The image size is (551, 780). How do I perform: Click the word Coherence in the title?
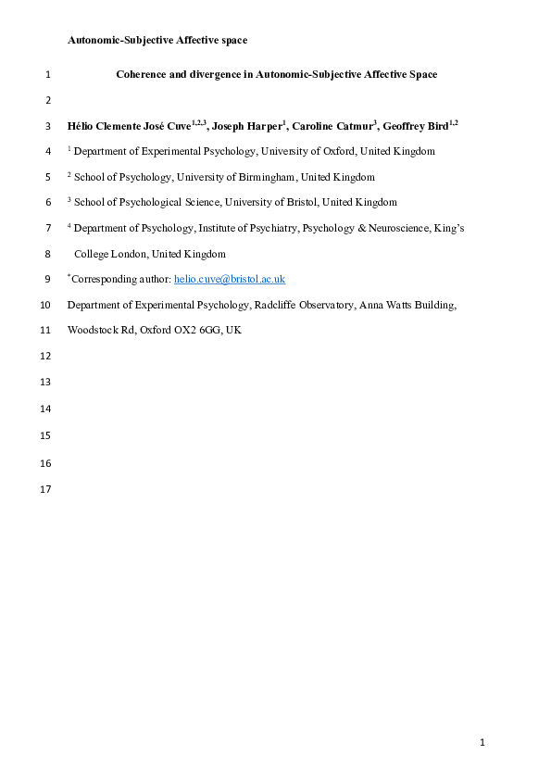[x=144, y=74]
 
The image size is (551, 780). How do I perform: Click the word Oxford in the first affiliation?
[x=354, y=151]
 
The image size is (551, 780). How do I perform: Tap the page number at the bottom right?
[x=482, y=742]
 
